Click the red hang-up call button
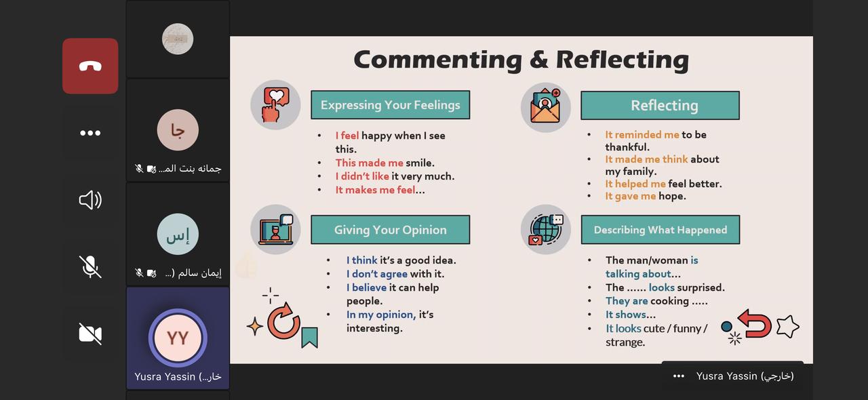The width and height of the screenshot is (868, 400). pyautogui.click(x=90, y=66)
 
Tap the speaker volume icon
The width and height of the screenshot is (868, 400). pyautogui.click(x=90, y=200)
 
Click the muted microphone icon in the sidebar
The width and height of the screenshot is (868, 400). pyautogui.click(x=90, y=266)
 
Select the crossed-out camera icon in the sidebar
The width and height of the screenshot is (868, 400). pyautogui.click(x=90, y=334)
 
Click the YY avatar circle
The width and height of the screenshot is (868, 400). pyautogui.click(x=178, y=338)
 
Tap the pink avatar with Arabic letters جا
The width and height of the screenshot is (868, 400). pyautogui.click(x=178, y=130)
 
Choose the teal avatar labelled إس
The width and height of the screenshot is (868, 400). pyautogui.click(x=178, y=234)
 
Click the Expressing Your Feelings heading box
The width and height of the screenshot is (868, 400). pyautogui.click(x=390, y=105)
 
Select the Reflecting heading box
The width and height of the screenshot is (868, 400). pyautogui.click(x=660, y=106)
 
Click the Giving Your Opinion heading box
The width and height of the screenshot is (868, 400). pyautogui.click(x=390, y=230)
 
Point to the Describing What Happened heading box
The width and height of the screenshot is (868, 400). pyautogui.click(x=660, y=230)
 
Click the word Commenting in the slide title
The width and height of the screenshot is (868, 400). pyautogui.click(x=438, y=60)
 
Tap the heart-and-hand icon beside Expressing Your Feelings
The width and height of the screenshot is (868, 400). pyautogui.click(x=275, y=105)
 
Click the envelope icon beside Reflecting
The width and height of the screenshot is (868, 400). pyautogui.click(x=546, y=107)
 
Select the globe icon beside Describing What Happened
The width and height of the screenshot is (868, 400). pyautogui.click(x=546, y=229)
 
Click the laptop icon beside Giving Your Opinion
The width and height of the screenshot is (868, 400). pyautogui.click(x=275, y=229)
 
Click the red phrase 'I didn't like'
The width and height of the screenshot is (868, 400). pyautogui.click(x=362, y=176)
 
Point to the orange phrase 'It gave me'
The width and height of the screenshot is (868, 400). pyautogui.click(x=630, y=196)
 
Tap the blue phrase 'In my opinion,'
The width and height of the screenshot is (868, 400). pyautogui.click(x=381, y=315)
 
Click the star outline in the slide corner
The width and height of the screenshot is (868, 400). pyautogui.click(x=788, y=326)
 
